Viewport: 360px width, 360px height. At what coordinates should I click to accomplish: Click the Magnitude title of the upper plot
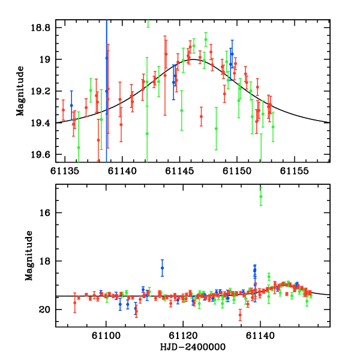[x=20, y=91]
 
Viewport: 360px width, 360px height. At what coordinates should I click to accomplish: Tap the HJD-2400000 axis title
[x=193, y=347]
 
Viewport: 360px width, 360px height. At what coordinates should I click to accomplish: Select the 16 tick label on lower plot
[x=47, y=213]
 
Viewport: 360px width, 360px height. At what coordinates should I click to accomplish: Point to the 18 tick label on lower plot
[x=47, y=261]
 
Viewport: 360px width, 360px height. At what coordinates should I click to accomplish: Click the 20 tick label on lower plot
[x=47, y=310]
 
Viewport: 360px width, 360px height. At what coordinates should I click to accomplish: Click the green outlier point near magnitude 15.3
[x=261, y=196]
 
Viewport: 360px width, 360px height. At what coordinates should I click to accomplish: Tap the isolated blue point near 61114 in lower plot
[x=162, y=268]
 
